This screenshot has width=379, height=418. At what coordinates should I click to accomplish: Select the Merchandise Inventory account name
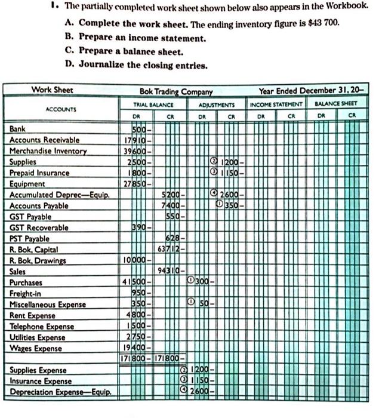(48, 150)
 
